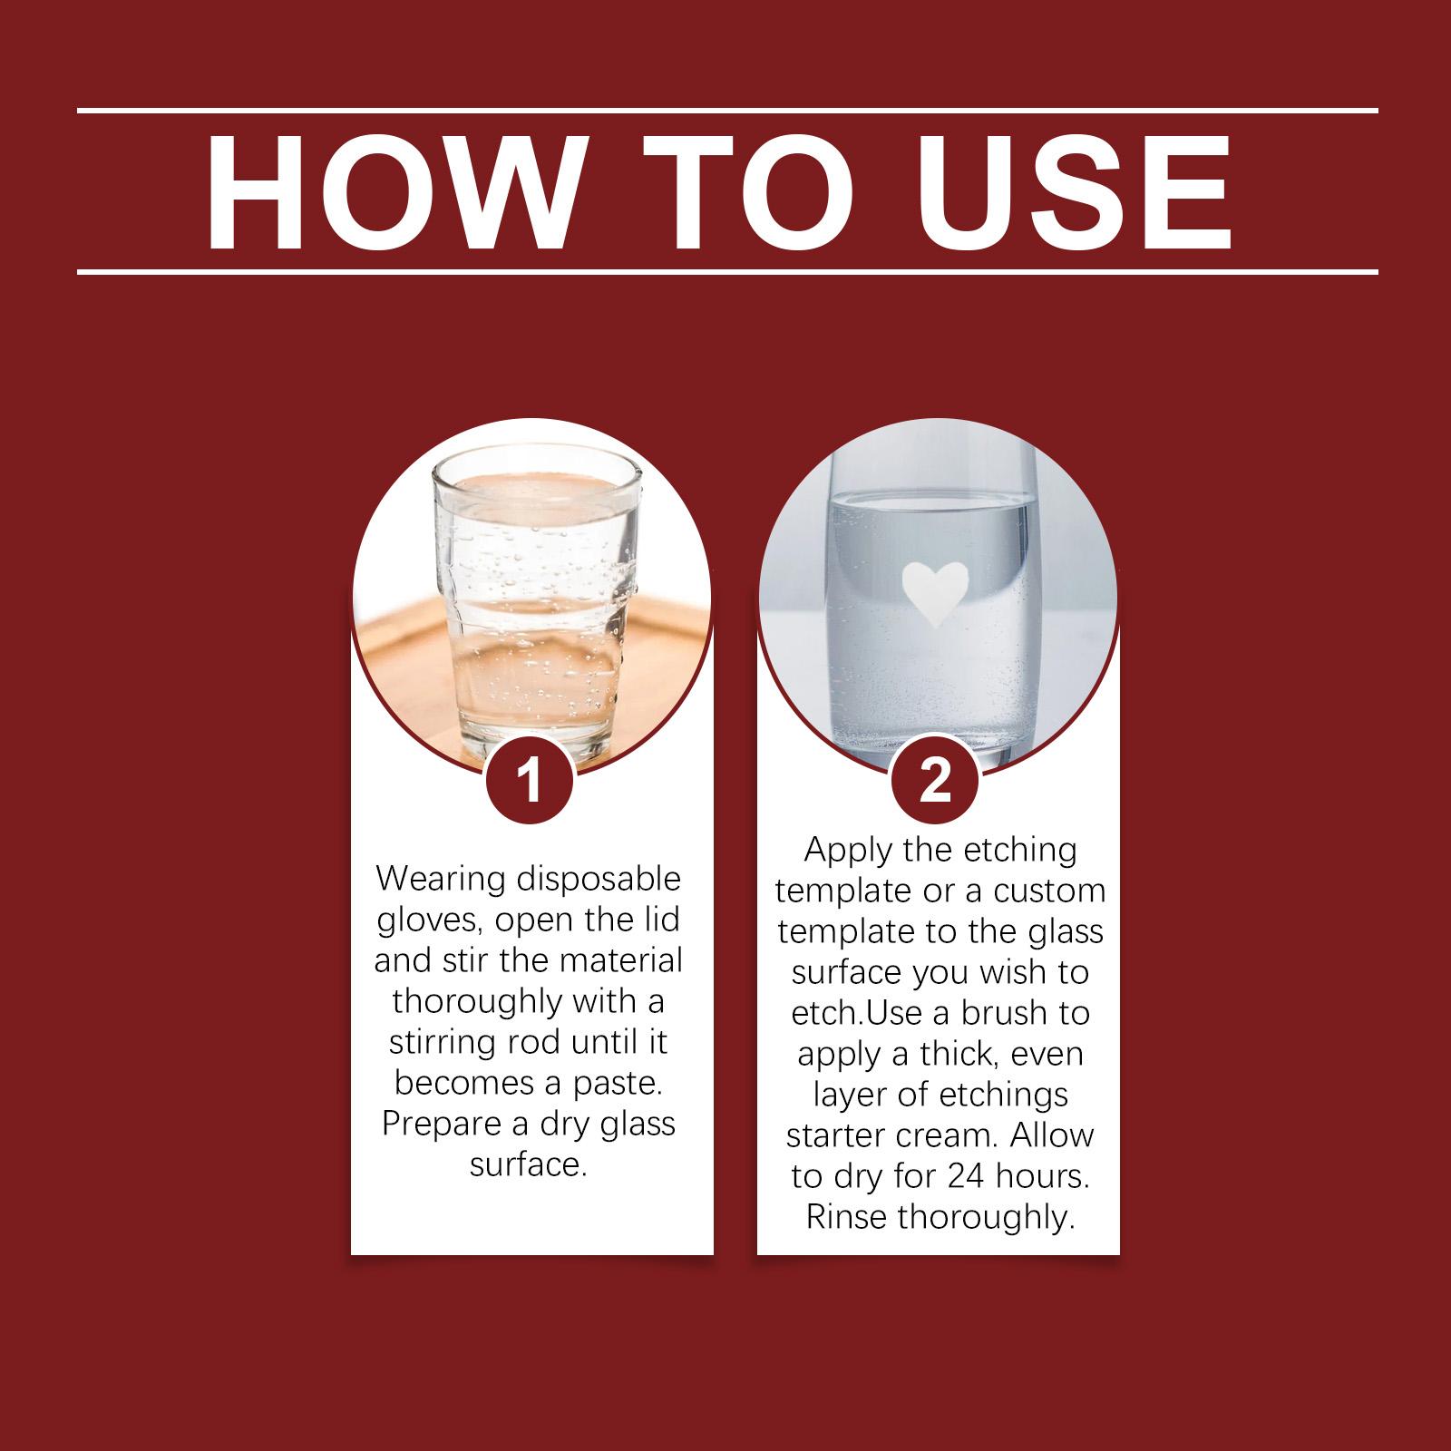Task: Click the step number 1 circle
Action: pos(531,781)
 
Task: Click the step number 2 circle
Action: pos(936,781)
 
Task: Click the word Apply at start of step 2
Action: pos(848,852)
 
